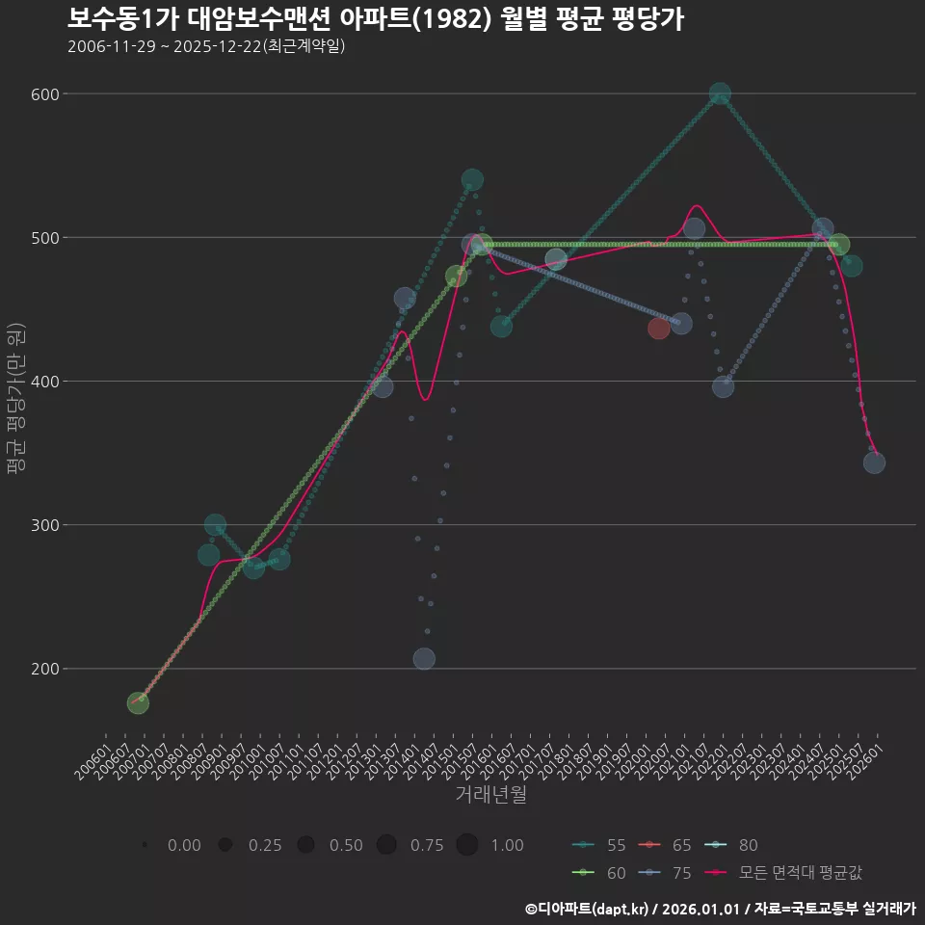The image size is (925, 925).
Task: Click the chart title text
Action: pos(376,18)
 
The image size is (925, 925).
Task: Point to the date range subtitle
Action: pos(206,46)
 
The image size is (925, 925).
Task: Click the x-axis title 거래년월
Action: pos(490,795)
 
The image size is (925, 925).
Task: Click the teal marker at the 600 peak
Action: pos(720,94)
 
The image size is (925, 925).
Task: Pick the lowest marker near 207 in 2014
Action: pos(424,659)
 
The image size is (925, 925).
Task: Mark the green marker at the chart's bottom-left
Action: pos(138,703)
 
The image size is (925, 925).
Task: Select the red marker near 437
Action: pos(659,329)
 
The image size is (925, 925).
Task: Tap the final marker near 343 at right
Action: pos(874,462)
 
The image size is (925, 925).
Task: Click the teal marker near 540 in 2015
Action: pos(472,180)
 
